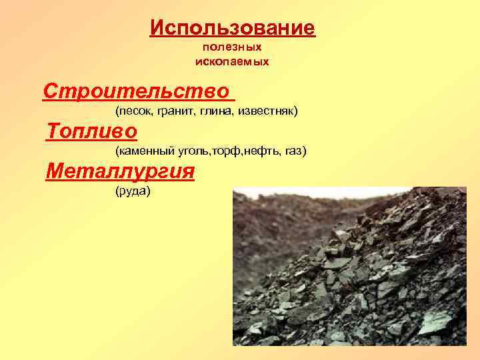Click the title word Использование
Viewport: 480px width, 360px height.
232,28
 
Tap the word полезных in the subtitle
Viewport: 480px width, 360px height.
232,48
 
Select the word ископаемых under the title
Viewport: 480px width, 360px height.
232,61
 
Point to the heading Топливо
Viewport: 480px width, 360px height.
92,131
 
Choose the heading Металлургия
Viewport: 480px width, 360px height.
120,171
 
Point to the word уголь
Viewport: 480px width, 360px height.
193,151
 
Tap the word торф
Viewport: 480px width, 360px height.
225,151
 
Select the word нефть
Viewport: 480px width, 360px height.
257,151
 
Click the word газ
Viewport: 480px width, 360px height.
293,151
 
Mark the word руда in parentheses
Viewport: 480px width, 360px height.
133,192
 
